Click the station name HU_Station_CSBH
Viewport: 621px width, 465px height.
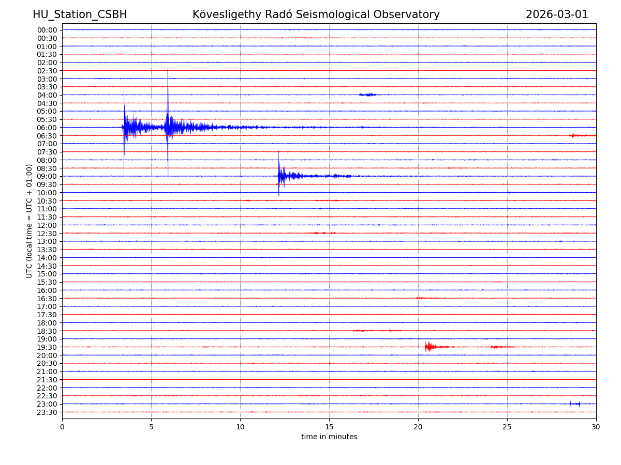[80, 15]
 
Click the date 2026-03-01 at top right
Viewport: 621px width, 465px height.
[557, 15]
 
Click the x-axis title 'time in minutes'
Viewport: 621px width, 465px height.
[329, 437]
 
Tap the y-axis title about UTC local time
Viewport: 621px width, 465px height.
[29, 221]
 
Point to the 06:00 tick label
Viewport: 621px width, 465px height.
[47, 128]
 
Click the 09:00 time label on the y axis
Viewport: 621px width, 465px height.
[47, 176]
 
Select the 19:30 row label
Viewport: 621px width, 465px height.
[47, 347]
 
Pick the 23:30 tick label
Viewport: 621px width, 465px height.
[47, 412]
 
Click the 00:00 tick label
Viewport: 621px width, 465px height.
[47, 30]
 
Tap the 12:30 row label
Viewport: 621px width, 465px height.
[47, 234]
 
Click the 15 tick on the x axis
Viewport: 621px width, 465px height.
[329, 427]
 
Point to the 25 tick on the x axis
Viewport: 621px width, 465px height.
[507, 427]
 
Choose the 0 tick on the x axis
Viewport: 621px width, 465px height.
[62, 427]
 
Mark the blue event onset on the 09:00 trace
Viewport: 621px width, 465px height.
[278, 176]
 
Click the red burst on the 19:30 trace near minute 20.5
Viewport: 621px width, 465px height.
[428, 347]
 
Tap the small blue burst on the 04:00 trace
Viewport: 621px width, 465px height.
[368, 95]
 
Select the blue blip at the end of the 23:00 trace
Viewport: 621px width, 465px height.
[575, 404]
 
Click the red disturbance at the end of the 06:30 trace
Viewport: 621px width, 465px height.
[573, 135]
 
